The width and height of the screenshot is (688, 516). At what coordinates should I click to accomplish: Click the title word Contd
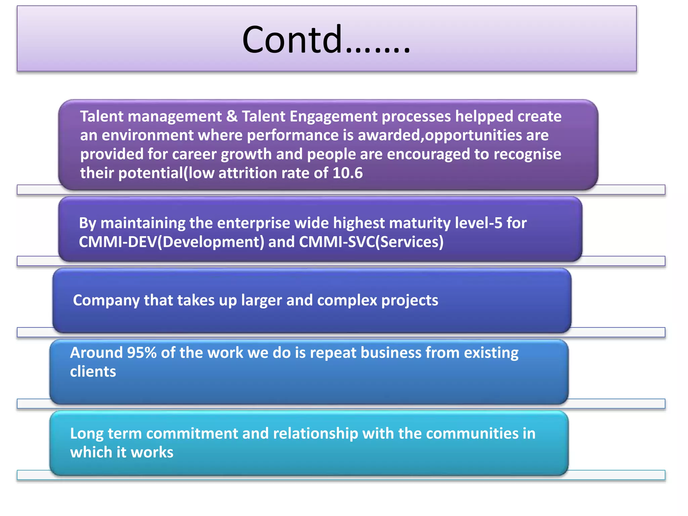(292, 40)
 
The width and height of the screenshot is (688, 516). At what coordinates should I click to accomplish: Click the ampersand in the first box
(231, 117)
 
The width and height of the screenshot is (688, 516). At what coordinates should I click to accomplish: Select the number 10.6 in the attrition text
(347, 173)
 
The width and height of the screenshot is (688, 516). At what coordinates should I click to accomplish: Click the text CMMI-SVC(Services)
(371, 242)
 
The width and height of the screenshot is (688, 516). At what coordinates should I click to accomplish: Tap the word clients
(93, 372)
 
